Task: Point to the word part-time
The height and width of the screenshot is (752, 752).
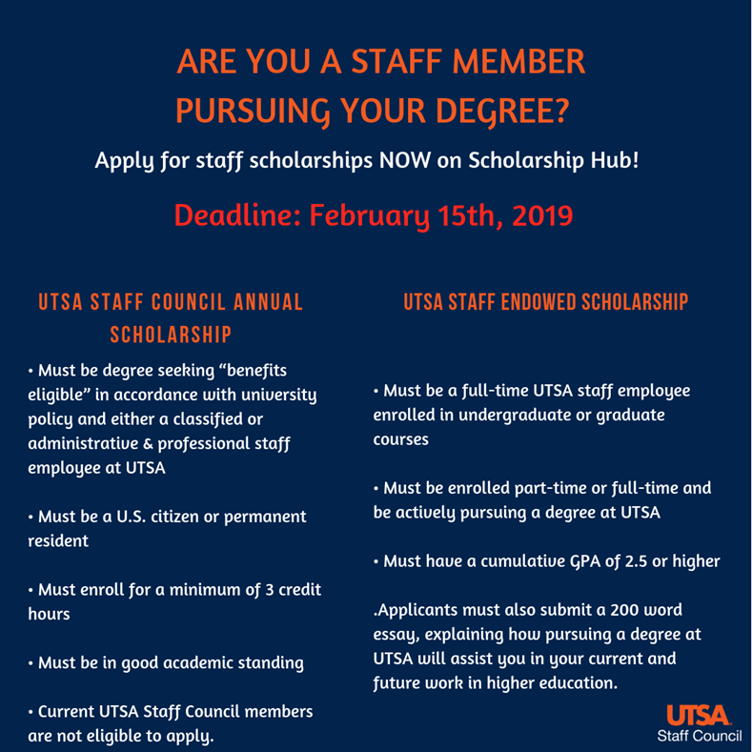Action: [534, 488]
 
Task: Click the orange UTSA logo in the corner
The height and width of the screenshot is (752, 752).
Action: [699, 715]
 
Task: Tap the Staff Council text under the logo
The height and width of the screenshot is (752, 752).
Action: [699, 736]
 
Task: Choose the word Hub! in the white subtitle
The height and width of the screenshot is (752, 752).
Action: [614, 159]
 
